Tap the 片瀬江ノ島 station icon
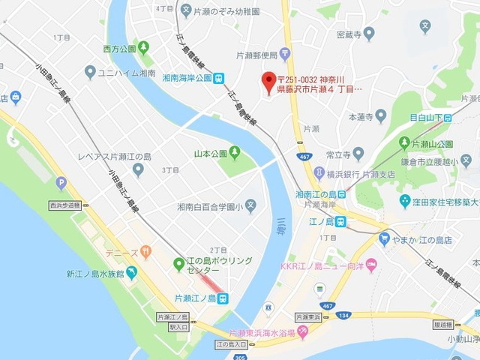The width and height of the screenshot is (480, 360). tap(223, 298)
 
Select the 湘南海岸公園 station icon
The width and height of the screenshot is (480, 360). tap(218, 76)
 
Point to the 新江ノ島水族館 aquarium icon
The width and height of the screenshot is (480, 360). tap(133, 274)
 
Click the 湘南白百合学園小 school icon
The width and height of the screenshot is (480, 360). tap(250, 205)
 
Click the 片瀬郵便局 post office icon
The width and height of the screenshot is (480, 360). tap(285, 53)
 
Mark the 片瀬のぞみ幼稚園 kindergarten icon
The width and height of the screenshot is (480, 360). tap(187, 11)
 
